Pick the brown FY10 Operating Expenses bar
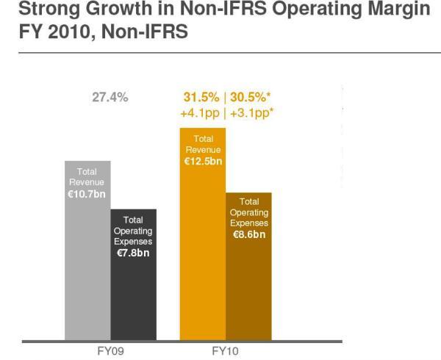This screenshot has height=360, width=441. tap(248, 294)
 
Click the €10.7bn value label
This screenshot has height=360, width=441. tap(87, 195)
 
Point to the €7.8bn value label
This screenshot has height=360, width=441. tap(133, 252)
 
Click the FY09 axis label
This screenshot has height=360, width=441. tap(110, 351)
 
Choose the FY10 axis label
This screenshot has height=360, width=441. tap(225, 351)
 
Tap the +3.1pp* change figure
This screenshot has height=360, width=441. tap(251, 113)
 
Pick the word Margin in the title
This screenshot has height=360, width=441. tap(393, 10)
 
